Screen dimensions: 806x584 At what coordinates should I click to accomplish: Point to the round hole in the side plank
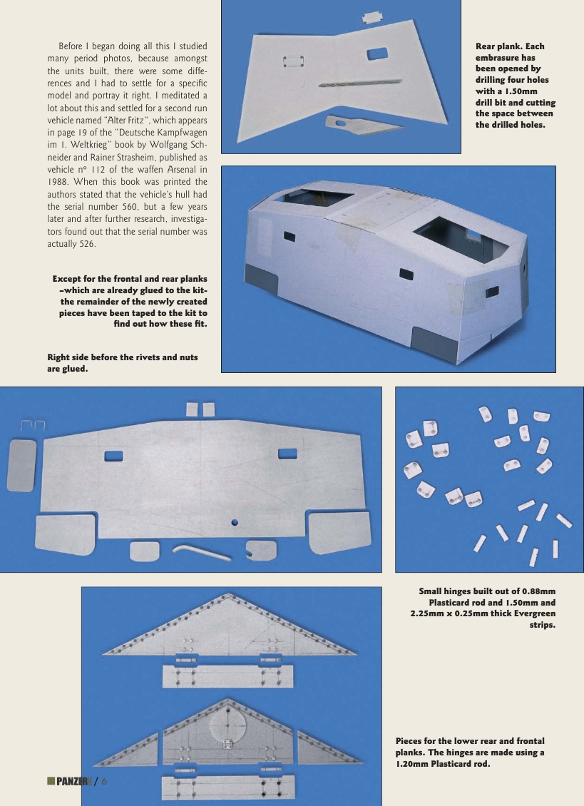tap(235, 523)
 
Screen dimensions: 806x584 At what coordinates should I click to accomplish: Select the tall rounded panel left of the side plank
tap(21, 464)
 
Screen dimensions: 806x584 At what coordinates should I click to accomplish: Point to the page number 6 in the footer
tap(104, 781)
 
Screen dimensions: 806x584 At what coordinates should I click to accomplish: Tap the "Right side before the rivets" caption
tap(122, 357)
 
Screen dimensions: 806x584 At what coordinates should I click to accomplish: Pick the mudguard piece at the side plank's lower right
tap(339, 532)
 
